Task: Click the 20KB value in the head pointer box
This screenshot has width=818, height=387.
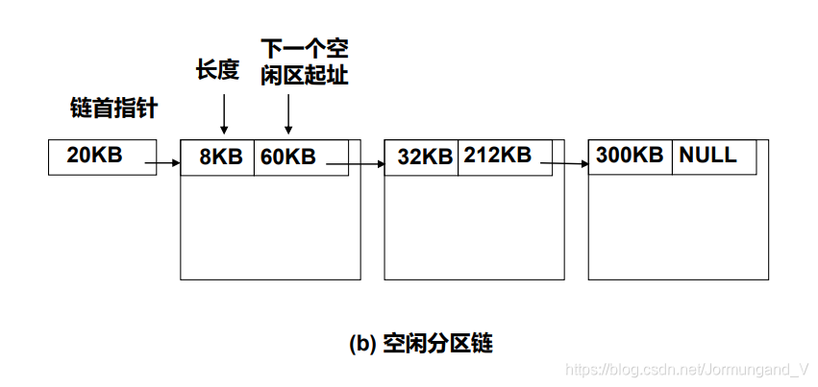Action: (95, 156)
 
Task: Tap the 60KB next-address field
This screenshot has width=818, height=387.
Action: (287, 157)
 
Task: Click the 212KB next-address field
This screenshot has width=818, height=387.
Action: (497, 156)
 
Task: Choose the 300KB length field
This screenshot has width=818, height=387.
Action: (630, 156)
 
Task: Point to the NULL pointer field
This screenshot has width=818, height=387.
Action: (707, 156)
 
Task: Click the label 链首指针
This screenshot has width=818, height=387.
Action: (113, 108)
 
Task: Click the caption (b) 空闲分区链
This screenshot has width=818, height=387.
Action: (419, 343)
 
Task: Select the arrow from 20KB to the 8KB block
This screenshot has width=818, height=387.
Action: (162, 164)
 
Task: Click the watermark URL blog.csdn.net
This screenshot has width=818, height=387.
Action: (688, 370)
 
